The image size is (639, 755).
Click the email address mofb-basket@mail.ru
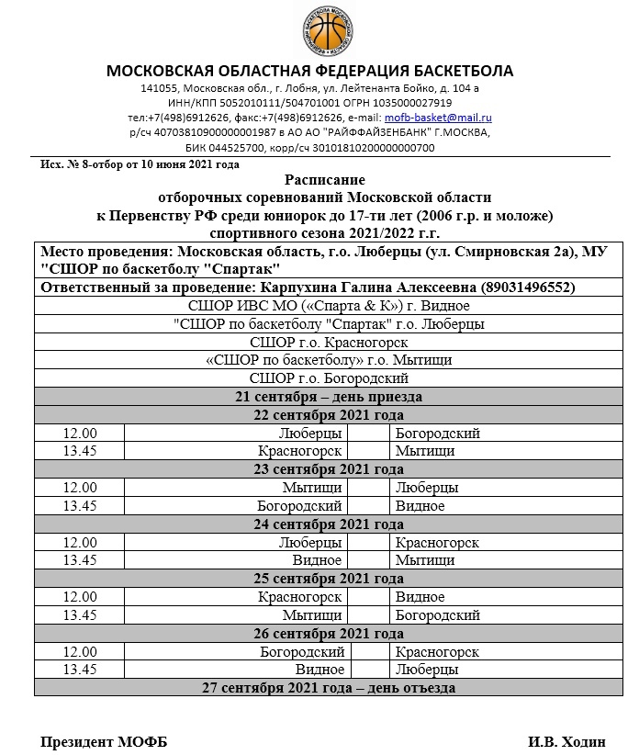(438, 118)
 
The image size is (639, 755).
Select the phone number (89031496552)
(527, 287)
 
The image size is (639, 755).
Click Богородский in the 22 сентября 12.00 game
(438, 434)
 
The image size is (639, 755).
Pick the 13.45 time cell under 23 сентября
(80, 505)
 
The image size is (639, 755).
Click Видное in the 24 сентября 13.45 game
(318, 560)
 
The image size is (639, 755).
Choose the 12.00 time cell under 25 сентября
(80, 597)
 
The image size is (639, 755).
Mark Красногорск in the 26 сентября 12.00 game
(437, 651)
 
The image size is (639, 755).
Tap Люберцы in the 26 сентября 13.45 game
(421, 670)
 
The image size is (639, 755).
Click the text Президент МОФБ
(104, 741)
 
